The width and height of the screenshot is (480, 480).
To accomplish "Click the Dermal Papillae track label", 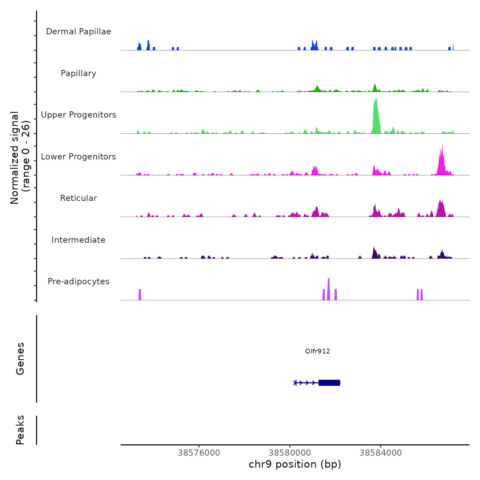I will pyautogui.click(x=79, y=32).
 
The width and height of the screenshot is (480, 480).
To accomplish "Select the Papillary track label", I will pyautogui.click(x=79, y=73).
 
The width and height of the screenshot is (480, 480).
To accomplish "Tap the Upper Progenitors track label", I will pyautogui.click(x=79, y=115).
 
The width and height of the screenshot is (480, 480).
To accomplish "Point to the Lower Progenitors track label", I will pyautogui.click(x=79, y=157).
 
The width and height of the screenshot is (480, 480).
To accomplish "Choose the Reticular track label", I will pyautogui.click(x=79, y=198).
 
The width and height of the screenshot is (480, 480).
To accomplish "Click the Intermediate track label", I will pyautogui.click(x=79, y=240).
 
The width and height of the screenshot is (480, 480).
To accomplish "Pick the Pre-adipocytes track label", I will pyautogui.click(x=79, y=281).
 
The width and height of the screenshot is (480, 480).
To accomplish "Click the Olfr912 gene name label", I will pyautogui.click(x=317, y=351).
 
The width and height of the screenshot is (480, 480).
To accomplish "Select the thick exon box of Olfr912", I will pyautogui.click(x=329, y=383).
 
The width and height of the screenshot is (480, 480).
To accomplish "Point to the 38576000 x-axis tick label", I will pyautogui.click(x=199, y=453).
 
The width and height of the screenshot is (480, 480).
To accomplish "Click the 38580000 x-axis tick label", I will pyautogui.click(x=290, y=453).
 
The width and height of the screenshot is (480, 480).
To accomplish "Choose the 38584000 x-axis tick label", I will pyautogui.click(x=381, y=453).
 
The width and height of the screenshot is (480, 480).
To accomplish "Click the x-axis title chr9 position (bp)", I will pyautogui.click(x=295, y=464).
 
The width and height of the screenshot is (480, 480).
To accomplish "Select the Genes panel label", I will pyautogui.click(x=20, y=359).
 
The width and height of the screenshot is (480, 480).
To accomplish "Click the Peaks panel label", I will pyautogui.click(x=20, y=430).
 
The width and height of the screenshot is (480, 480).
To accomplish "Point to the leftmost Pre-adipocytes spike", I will pyautogui.click(x=140, y=295).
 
